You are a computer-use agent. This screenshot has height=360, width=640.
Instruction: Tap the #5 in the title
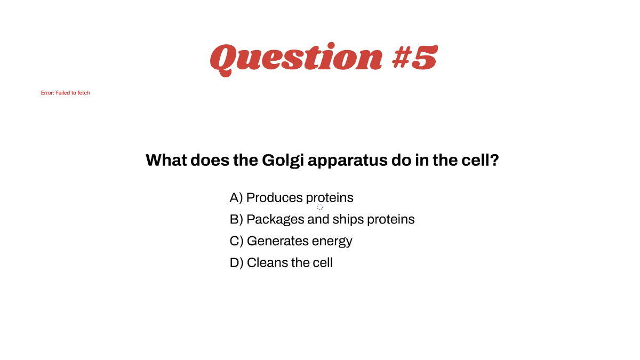[x=414, y=58]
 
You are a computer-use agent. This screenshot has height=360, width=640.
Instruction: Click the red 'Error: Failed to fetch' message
[x=66, y=93]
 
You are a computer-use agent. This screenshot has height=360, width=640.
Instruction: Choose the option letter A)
[x=236, y=198]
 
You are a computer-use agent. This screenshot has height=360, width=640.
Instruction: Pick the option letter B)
[x=236, y=219]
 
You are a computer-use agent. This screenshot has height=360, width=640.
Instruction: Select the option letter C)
[x=236, y=241]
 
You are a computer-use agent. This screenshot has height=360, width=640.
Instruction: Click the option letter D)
[x=236, y=262]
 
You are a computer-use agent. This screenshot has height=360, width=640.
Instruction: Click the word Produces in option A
[x=274, y=198]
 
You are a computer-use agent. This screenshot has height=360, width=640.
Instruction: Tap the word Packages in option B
[x=275, y=220]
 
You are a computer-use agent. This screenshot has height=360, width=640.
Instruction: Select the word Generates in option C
[x=277, y=241]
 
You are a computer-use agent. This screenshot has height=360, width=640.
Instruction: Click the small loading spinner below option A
[x=320, y=207]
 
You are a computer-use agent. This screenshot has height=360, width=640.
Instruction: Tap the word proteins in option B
[x=391, y=220]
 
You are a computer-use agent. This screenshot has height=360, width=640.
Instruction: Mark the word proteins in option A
[x=330, y=198]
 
